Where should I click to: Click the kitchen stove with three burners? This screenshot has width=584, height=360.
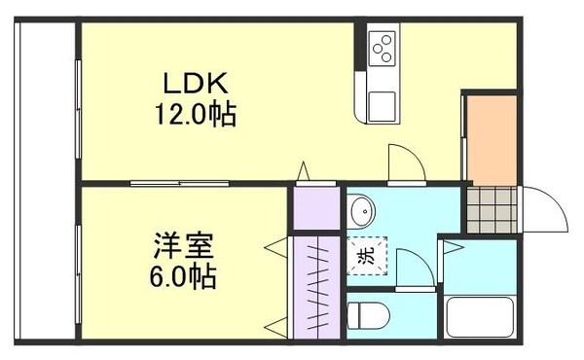coord(383,46)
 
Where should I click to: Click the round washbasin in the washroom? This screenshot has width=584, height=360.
coord(362,209)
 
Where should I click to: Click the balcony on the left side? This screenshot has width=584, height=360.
coord(44,180)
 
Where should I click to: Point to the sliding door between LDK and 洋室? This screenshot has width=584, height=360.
coord(180,182)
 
